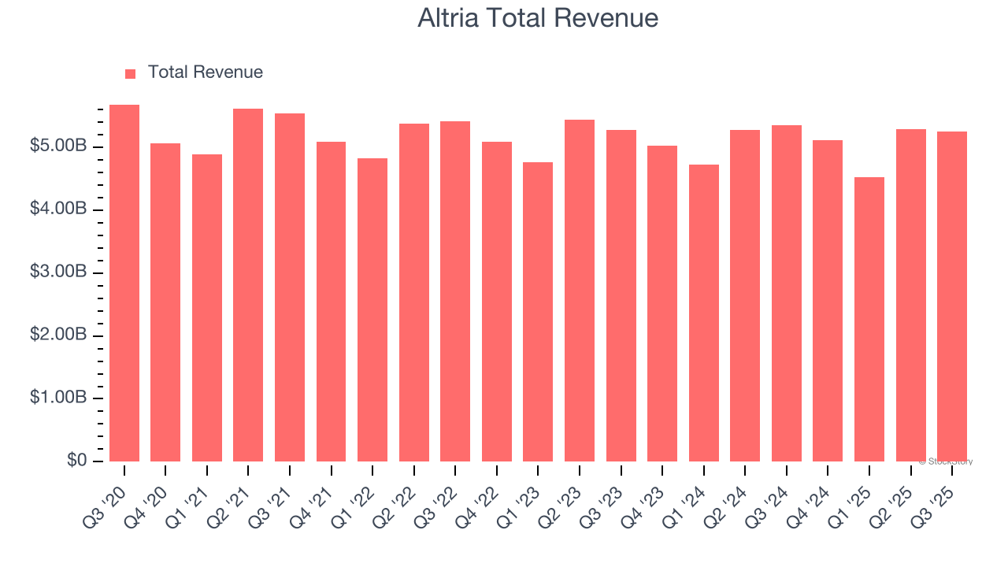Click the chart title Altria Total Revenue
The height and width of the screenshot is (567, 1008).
538,18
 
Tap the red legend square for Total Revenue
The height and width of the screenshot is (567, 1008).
131,73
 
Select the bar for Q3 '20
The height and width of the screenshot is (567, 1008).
124,283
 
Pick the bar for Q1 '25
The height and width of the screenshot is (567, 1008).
869,319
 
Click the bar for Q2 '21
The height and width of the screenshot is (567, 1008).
248,285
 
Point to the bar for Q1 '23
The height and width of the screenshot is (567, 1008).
538,312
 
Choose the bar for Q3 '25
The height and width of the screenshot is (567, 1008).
952,296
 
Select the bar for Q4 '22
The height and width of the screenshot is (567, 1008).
497,302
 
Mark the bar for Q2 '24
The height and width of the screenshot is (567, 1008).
745,295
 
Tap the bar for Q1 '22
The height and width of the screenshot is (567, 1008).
372,309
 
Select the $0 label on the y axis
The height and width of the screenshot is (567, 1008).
77,461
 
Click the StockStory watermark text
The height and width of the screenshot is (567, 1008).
946,461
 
